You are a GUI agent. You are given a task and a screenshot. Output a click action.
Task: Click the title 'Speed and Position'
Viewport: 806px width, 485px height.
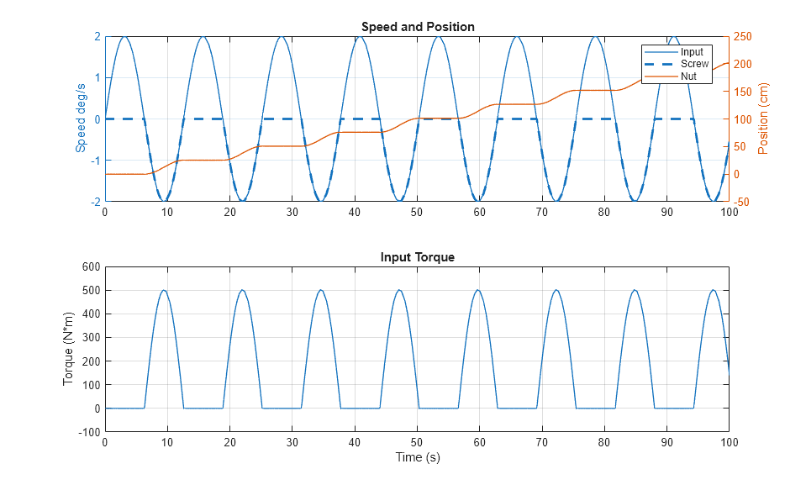pyautogui.click(x=418, y=27)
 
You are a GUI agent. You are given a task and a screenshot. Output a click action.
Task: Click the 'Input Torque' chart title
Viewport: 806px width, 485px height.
pyautogui.click(x=418, y=257)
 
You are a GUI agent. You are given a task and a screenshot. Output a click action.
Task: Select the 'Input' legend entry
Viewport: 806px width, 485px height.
pyautogui.click(x=692, y=52)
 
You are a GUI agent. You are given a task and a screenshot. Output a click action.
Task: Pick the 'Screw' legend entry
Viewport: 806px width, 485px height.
pyautogui.click(x=694, y=64)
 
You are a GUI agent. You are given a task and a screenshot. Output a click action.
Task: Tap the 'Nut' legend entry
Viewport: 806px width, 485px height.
pyautogui.click(x=688, y=76)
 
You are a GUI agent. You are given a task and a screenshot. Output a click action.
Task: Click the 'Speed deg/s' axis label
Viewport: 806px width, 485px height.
pyautogui.click(x=82, y=119)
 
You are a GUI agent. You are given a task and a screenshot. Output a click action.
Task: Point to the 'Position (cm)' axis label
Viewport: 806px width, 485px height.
pyautogui.click(x=764, y=119)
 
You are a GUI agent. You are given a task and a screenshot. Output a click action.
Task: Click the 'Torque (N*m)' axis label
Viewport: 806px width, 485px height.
pyautogui.click(x=69, y=349)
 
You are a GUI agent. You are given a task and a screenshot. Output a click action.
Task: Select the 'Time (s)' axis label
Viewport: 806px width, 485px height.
pyautogui.click(x=418, y=457)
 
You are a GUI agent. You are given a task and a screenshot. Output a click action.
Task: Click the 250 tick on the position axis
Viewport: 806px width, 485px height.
pyautogui.click(x=744, y=37)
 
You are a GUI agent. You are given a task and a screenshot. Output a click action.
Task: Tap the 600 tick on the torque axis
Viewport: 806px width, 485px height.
pyautogui.click(x=91, y=266)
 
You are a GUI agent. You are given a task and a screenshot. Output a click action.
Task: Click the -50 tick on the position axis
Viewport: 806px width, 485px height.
pyautogui.click(x=742, y=202)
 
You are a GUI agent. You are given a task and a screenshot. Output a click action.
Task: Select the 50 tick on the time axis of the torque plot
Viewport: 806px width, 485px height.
pyautogui.click(x=417, y=441)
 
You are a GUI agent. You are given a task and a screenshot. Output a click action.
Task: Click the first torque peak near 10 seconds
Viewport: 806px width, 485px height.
pyautogui.click(x=164, y=291)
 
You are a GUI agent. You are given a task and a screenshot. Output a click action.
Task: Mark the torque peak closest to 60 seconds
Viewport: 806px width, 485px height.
pyautogui.click(x=477, y=291)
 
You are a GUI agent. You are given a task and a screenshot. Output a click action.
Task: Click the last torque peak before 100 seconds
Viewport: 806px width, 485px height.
pyautogui.click(x=713, y=291)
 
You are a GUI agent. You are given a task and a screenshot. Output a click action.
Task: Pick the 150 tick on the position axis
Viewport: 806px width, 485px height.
pyautogui.click(x=744, y=92)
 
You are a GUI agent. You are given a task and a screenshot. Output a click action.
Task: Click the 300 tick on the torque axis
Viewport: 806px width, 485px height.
pyautogui.click(x=91, y=337)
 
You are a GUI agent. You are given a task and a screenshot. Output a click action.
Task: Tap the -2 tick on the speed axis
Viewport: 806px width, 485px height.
pyautogui.click(x=96, y=202)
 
